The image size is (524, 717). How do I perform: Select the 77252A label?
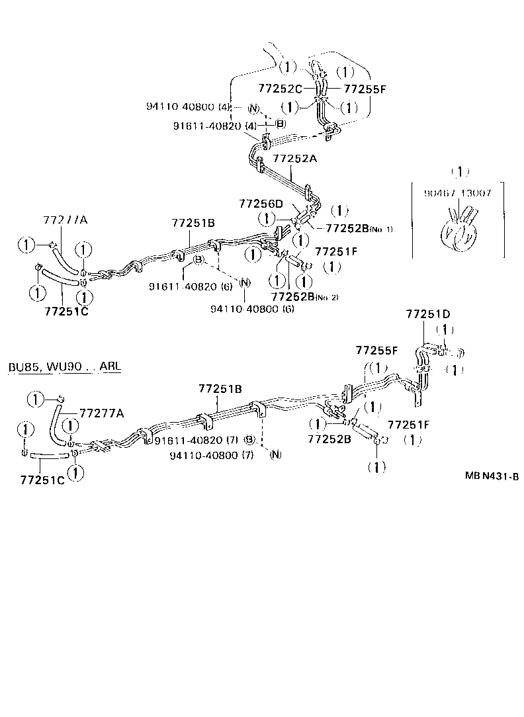tap(296, 159)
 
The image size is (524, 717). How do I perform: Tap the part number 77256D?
tap(261, 204)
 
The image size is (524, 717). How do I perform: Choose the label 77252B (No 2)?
tap(304, 296)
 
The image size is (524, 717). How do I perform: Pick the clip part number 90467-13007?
tap(459, 193)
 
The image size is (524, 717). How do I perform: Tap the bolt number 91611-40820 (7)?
tap(196, 439)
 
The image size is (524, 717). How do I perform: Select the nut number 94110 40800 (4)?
tap(187, 107)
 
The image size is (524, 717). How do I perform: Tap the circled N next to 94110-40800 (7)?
tap(275, 454)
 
